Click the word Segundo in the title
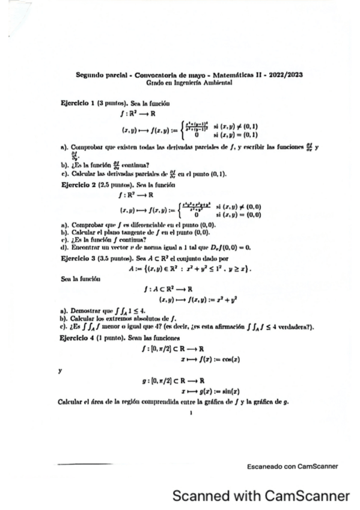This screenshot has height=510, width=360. tap(91, 75)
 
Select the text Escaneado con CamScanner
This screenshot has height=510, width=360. tap(292, 465)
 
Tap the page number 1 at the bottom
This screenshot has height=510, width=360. tap(190, 413)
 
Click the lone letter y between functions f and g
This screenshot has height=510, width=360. tap(60, 370)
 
